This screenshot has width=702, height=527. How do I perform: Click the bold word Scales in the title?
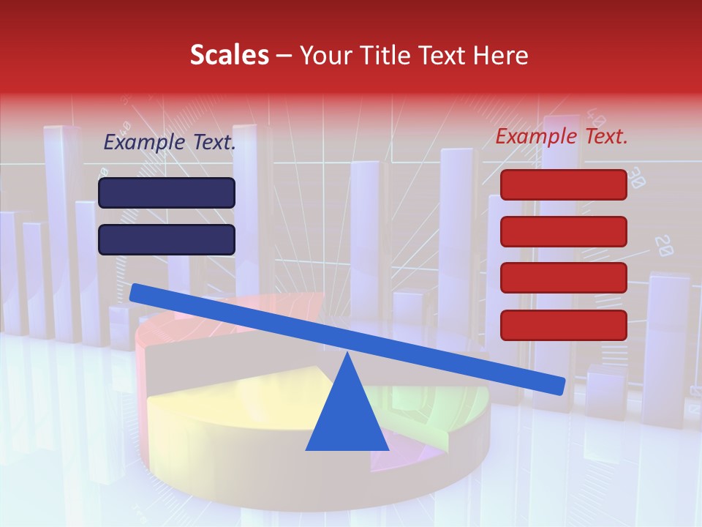click(x=229, y=55)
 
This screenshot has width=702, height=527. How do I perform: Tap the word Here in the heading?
click(x=501, y=55)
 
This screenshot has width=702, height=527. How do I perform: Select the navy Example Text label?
click(x=170, y=143)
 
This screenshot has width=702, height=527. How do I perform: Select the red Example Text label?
click(x=562, y=136)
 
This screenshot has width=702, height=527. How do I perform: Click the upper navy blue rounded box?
click(x=167, y=193)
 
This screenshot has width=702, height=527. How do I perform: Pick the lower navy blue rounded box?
click(x=167, y=239)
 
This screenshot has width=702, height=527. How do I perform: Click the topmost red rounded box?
click(x=563, y=184)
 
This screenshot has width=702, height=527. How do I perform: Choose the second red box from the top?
click(x=563, y=231)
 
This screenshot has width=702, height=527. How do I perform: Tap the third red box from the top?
click(x=563, y=278)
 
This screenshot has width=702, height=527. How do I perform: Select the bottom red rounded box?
click(x=563, y=325)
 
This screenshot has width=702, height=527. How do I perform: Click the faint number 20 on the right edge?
click(x=664, y=246)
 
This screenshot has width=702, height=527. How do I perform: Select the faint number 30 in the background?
click(x=635, y=176)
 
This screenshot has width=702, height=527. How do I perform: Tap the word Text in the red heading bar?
click(x=442, y=55)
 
